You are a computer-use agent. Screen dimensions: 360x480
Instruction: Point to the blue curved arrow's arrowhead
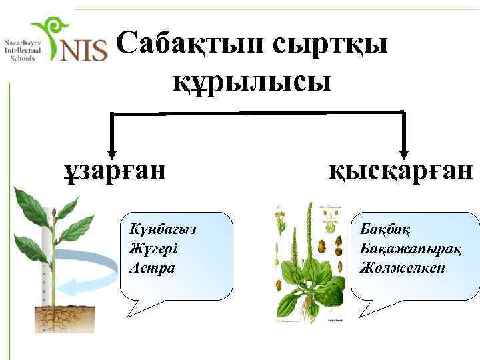63,287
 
